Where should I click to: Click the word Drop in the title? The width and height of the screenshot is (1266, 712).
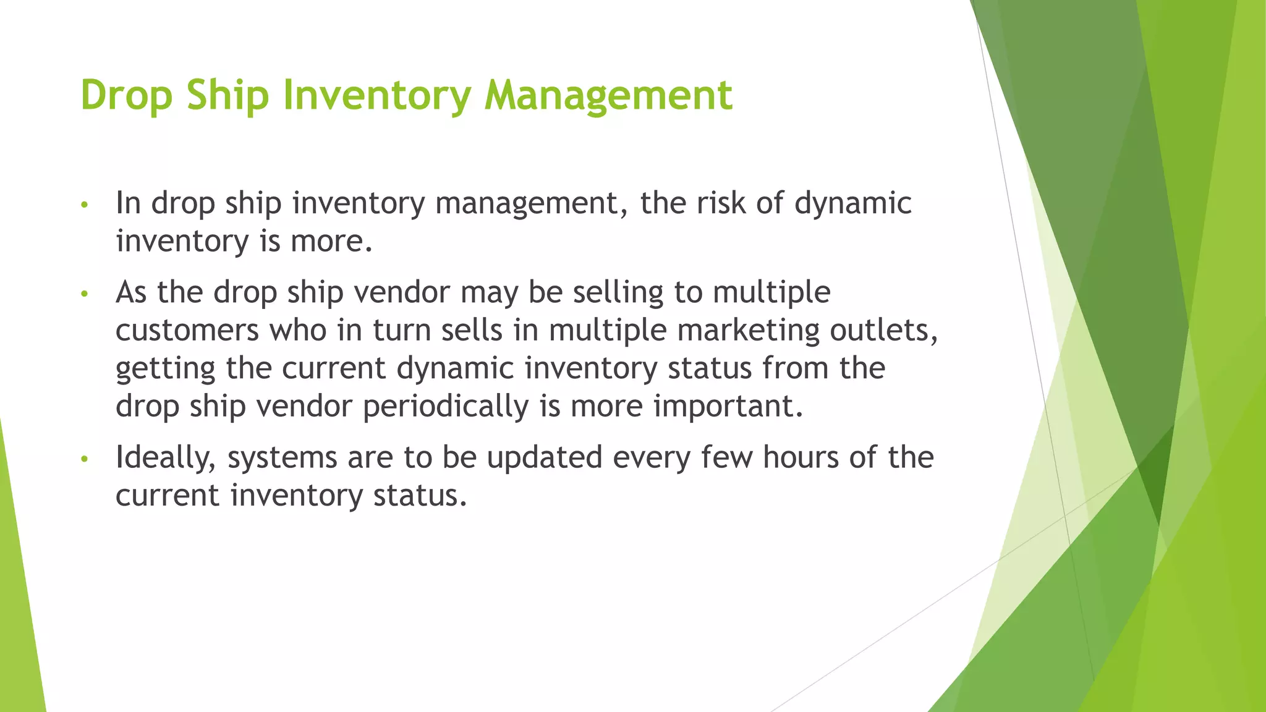coord(127,96)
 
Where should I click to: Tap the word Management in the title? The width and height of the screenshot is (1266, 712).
coord(608,96)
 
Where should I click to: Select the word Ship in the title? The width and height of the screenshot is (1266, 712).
coord(227,96)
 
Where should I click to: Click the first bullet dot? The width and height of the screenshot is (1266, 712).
coord(85,205)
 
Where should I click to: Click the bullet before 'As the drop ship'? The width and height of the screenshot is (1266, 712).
coord(85,294)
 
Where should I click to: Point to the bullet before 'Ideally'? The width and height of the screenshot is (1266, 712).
coord(85,459)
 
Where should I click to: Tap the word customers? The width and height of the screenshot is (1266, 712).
coord(187,330)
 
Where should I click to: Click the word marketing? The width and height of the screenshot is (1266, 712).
coord(748,330)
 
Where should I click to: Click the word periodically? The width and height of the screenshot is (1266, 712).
coord(446,407)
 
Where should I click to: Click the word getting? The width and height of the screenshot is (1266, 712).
coord(165,369)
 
